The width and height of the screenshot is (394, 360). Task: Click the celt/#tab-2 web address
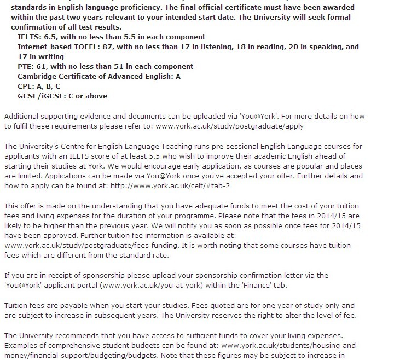coord(170,185)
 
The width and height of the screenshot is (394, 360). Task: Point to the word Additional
coord(22,116)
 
